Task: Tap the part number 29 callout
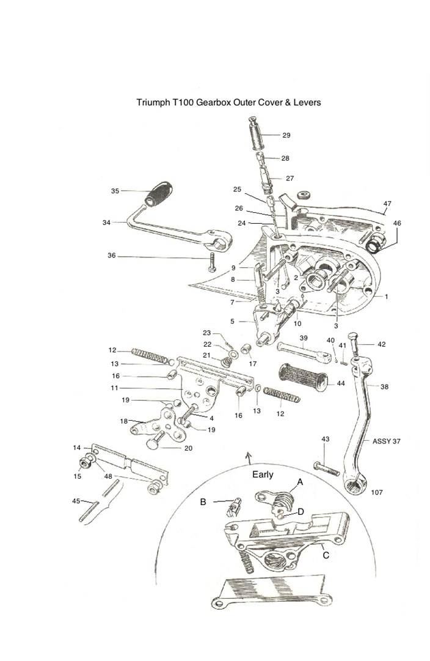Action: pyautogui.click(x=286, y=135)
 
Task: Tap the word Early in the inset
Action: pyautogui.click(x=263, y=474)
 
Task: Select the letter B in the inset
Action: pyautogui.click(x=203, y=501)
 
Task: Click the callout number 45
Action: pyautogui.click(x=76, y=501)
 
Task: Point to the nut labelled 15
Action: pyautogui.click(x=82, y=469)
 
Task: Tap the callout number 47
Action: pyautogui.click(x=387, y=203)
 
